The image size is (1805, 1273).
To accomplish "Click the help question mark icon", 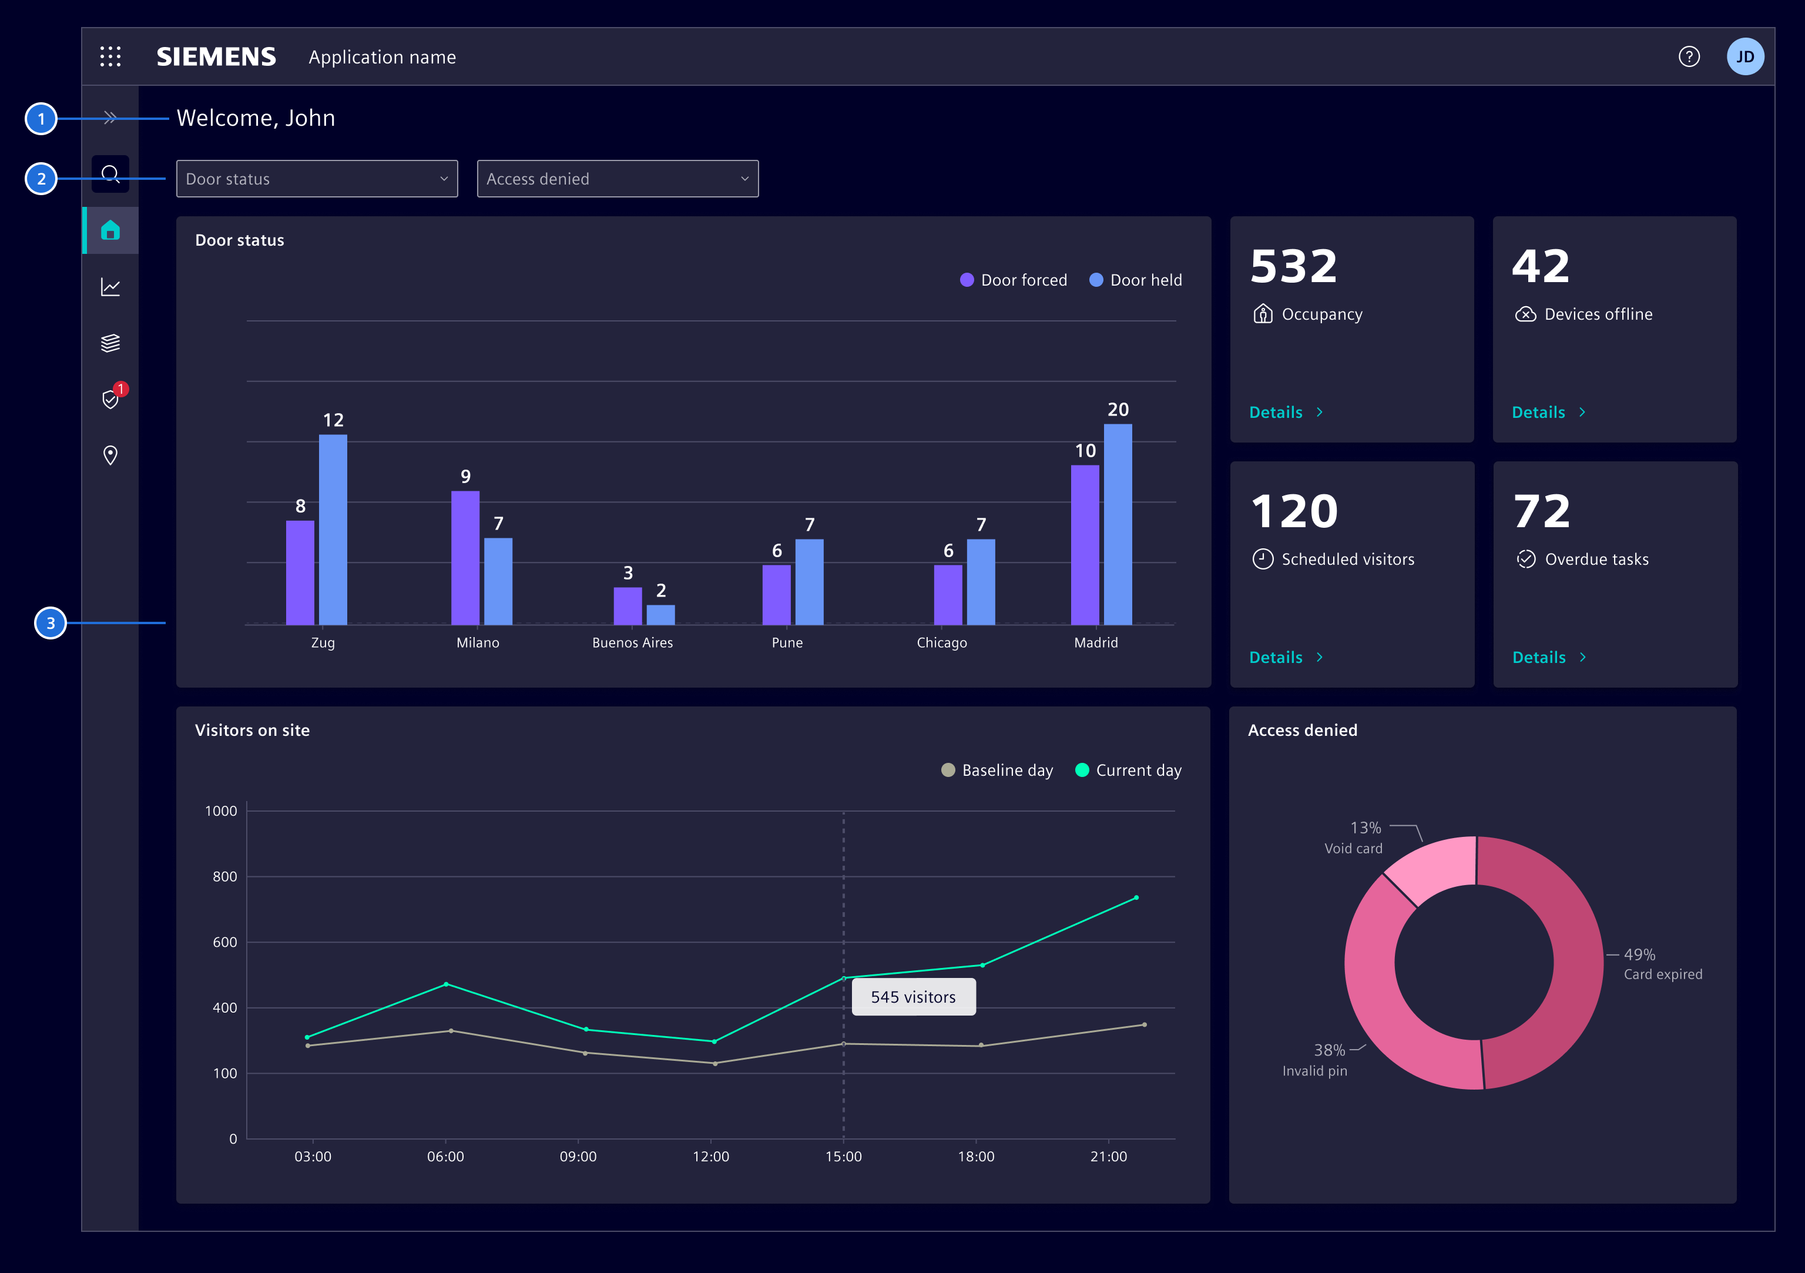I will coord(1689,56).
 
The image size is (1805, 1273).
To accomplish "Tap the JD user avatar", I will coord(1744,56).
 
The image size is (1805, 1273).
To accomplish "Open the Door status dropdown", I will coord(317,179).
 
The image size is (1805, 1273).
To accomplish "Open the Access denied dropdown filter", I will coord(617,179).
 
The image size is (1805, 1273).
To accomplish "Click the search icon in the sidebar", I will coord(110,174).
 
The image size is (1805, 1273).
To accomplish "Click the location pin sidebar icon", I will coord(110,455).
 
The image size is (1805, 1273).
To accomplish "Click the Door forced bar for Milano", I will coord(465,558).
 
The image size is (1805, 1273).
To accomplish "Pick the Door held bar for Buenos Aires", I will coord(660,614).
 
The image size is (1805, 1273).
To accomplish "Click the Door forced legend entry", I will coord(1014,280).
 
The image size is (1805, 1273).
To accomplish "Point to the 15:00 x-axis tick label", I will coord(843,1156).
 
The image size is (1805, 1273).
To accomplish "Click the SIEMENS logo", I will coord(216,56).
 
